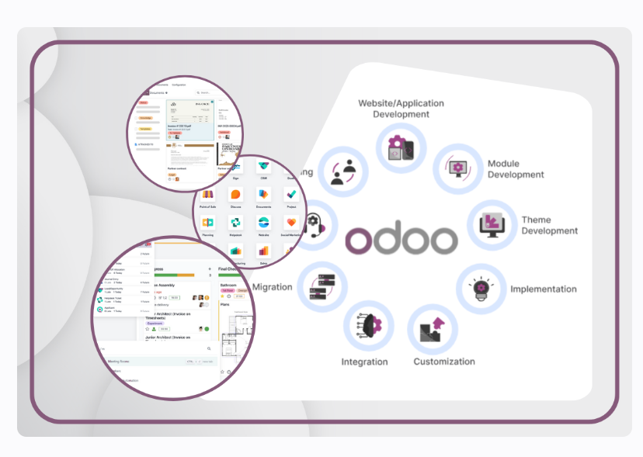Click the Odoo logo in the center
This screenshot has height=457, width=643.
click(401, 240)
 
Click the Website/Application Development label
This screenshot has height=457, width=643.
click(401, 109)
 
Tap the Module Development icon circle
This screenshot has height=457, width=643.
click(457, 168)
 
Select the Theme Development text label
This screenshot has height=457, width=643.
click(549, 225)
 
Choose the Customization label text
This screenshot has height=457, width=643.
click(444, 362)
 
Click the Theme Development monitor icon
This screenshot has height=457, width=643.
click(492, 224)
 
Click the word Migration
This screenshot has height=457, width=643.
click(273, 287)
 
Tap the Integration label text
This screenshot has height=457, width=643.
click(364, 362)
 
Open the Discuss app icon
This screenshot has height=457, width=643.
click(236, 195)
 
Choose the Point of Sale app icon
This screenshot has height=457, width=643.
click(207, 195)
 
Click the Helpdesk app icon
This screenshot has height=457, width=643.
click(236, 223)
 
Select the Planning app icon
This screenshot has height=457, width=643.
click(207, 223)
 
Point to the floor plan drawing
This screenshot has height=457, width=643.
click(236, 338)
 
